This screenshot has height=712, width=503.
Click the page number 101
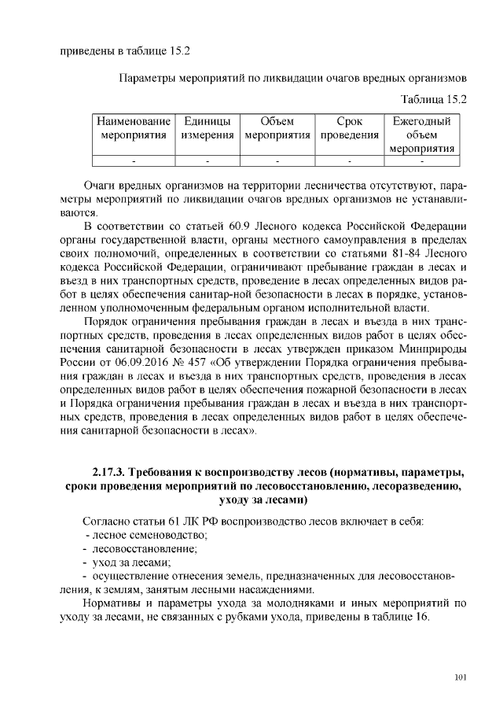pyautogui.click(x=461, y=678)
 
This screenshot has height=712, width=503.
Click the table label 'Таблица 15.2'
pyautogui.click(x=434, y=99)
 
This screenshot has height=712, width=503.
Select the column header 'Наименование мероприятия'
pyautogui.click(x=134, y=128)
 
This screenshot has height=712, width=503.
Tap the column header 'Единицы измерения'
pyautogui.click(x=207, y=128)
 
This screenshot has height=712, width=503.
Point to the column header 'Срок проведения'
pyautogui.click(x=348, y=128)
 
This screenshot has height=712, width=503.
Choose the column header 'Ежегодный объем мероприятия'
pyautogui.click(x=421, y=135)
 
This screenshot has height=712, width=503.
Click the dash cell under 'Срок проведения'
pyautogui.click(x=348, y=160)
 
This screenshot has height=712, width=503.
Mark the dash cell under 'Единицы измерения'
pyautogui.click(x=207, y=160)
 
